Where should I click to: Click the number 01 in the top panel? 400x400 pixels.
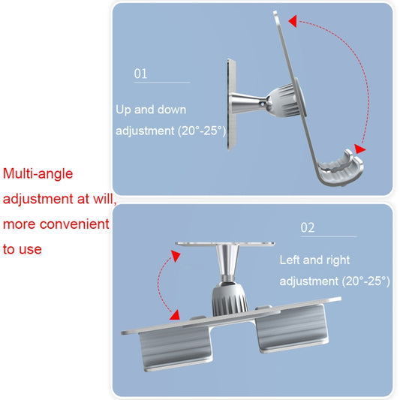point(140,74)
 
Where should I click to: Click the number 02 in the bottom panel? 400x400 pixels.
point(308,227)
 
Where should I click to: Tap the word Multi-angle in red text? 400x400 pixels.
point(38,174)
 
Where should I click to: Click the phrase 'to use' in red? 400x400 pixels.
point(23,249)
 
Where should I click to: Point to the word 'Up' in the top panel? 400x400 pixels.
point(123,110)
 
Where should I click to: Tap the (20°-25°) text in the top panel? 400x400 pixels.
point(202,131)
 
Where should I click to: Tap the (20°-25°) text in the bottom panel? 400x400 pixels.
point(365,281)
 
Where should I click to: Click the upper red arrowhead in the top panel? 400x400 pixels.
point(293,21)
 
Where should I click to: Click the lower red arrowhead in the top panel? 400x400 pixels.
point(360,149)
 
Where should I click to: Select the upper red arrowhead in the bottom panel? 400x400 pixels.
point(176,256)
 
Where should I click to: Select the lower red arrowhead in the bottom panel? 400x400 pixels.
point(175,315)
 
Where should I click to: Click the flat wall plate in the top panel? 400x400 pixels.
point(232,104)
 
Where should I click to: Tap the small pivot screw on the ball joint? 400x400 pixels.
point(263,104)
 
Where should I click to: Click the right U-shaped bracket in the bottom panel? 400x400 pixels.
point(292,329)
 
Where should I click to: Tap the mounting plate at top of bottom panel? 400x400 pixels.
point(225,244)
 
